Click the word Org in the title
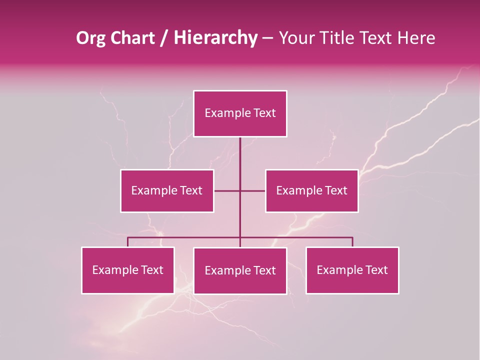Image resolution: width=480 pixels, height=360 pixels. [90, 38]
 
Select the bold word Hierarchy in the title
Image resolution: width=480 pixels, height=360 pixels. [215, 38]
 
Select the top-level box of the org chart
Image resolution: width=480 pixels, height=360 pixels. [240, 113]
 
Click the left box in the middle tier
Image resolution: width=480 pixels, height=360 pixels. [167, 190]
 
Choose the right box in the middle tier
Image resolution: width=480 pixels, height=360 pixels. [311, 190]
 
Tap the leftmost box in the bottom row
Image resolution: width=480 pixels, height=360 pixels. [128, 270]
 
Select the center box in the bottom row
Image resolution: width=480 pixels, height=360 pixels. [240, 270]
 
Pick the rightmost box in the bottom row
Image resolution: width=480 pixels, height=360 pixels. [352, 270]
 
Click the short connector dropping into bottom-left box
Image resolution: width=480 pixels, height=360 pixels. [128, 242]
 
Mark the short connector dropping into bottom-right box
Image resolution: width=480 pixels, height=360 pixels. [352, 242]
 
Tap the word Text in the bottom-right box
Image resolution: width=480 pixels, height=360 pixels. [376, 270]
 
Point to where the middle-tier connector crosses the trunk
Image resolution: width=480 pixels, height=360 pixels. [240, 190]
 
